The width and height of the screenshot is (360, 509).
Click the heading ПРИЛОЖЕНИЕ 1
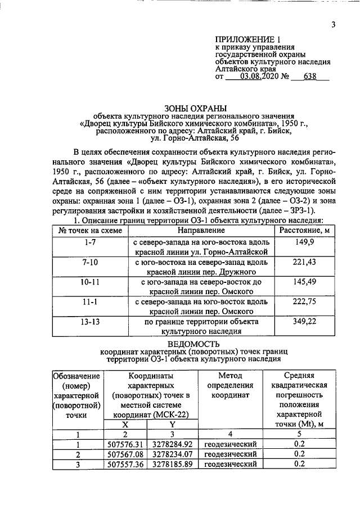coord(247,39)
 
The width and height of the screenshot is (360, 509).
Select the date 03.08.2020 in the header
coord(261,78)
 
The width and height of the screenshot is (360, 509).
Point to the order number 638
coord(310,78)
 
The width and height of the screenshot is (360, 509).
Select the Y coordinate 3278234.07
coord(173,454)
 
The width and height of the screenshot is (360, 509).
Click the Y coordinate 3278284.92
coord(173,444)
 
